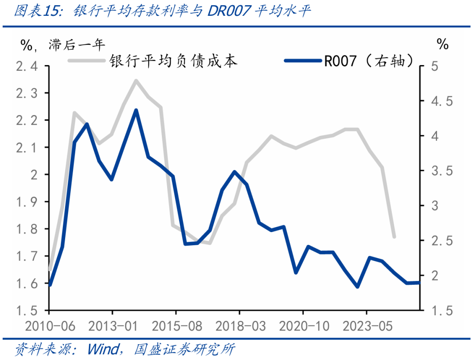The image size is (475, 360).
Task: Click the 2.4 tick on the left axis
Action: (27, 66)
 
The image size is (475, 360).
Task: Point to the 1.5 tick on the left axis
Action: (27, 311)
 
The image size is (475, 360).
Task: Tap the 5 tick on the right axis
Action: (435, 66)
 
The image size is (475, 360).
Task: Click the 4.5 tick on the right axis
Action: (442, 102)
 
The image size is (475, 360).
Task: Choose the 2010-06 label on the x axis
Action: (49, 327)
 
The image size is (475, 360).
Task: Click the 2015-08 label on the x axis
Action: (176, 327)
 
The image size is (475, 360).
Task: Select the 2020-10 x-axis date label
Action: (303, 327)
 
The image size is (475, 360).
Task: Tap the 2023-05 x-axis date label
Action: (366, 327)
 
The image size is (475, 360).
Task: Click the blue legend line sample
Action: (303, 61)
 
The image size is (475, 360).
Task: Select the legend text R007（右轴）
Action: (369, 61)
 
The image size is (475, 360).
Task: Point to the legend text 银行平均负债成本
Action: (173, 61)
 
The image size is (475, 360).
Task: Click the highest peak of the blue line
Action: (136, 110)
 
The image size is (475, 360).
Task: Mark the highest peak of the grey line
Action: (136, 80)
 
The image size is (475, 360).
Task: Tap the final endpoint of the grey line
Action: (394, 237)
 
